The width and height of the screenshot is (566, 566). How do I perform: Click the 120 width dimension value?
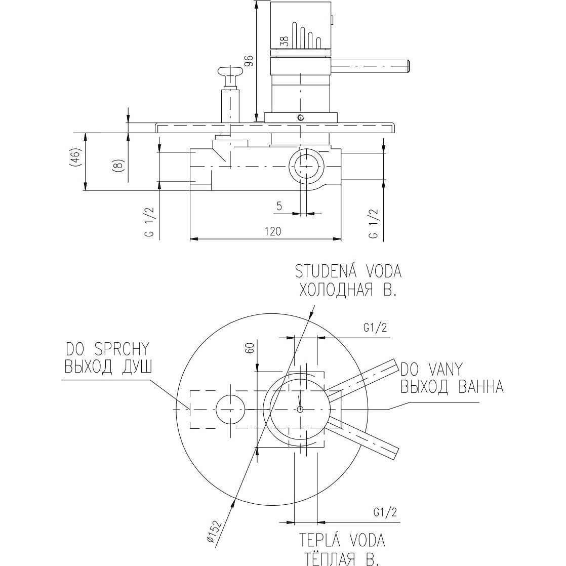click(x=273, y=231)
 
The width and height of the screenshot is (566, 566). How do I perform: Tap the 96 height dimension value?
click(x=248, y=61)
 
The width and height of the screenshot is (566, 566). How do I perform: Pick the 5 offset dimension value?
click(x=279, y=206)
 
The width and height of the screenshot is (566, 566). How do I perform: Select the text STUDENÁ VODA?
click(x=349, y=271)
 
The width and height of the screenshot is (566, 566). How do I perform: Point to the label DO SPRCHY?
click(x=107, y=348)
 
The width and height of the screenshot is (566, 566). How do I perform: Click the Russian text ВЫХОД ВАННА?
click(x=452, y=387)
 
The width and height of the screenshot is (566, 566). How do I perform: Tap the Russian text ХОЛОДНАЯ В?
click(x=347, y=290)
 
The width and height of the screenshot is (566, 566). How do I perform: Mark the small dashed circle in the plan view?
click(x=230, y=409)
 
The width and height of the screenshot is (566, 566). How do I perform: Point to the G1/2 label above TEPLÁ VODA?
click(x=385, y=512)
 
